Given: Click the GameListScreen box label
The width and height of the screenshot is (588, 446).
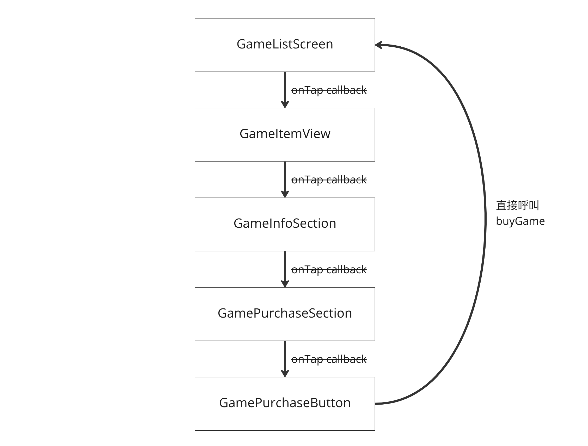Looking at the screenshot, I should point(285,44).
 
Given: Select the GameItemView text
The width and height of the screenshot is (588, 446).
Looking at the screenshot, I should point(285,134).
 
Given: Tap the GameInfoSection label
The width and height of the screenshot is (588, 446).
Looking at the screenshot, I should point(285,224).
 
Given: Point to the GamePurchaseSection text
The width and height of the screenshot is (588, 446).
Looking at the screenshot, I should point(285,313).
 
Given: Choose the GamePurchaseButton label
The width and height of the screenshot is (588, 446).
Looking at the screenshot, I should point(285,403).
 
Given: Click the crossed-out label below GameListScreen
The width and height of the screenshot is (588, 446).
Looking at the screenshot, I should point(329,90).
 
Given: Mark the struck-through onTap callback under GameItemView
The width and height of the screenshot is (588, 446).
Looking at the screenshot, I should point(329,180).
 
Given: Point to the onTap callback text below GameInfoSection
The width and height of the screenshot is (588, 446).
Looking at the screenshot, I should point(329,270).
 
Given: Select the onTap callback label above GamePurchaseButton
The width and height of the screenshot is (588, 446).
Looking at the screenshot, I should point(329,359).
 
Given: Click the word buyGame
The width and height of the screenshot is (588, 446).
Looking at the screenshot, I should point(520,221).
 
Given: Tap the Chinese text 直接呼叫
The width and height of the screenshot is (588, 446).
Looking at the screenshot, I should point(517,206).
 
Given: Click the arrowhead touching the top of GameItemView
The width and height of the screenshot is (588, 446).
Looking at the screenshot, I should point(285,105).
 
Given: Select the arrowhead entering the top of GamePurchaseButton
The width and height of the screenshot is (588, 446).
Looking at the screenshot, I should point(285,374).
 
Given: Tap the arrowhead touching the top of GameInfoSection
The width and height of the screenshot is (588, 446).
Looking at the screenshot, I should point(285,194).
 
